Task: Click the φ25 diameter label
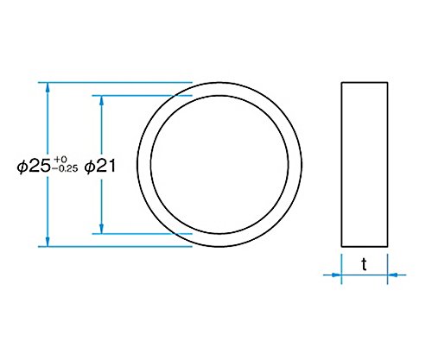click(35, 167)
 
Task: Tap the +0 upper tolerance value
click(60, 159)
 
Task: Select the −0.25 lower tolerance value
click(65, 169)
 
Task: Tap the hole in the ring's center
click(219, 164)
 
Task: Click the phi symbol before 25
click(23, 167)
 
